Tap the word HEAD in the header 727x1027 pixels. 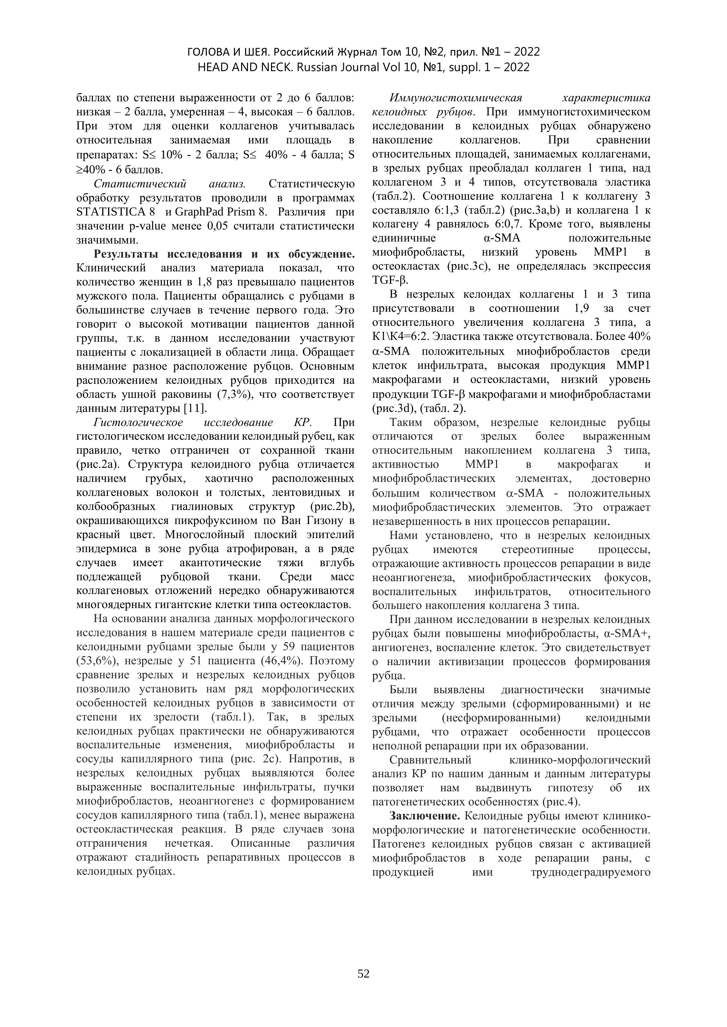213,67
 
